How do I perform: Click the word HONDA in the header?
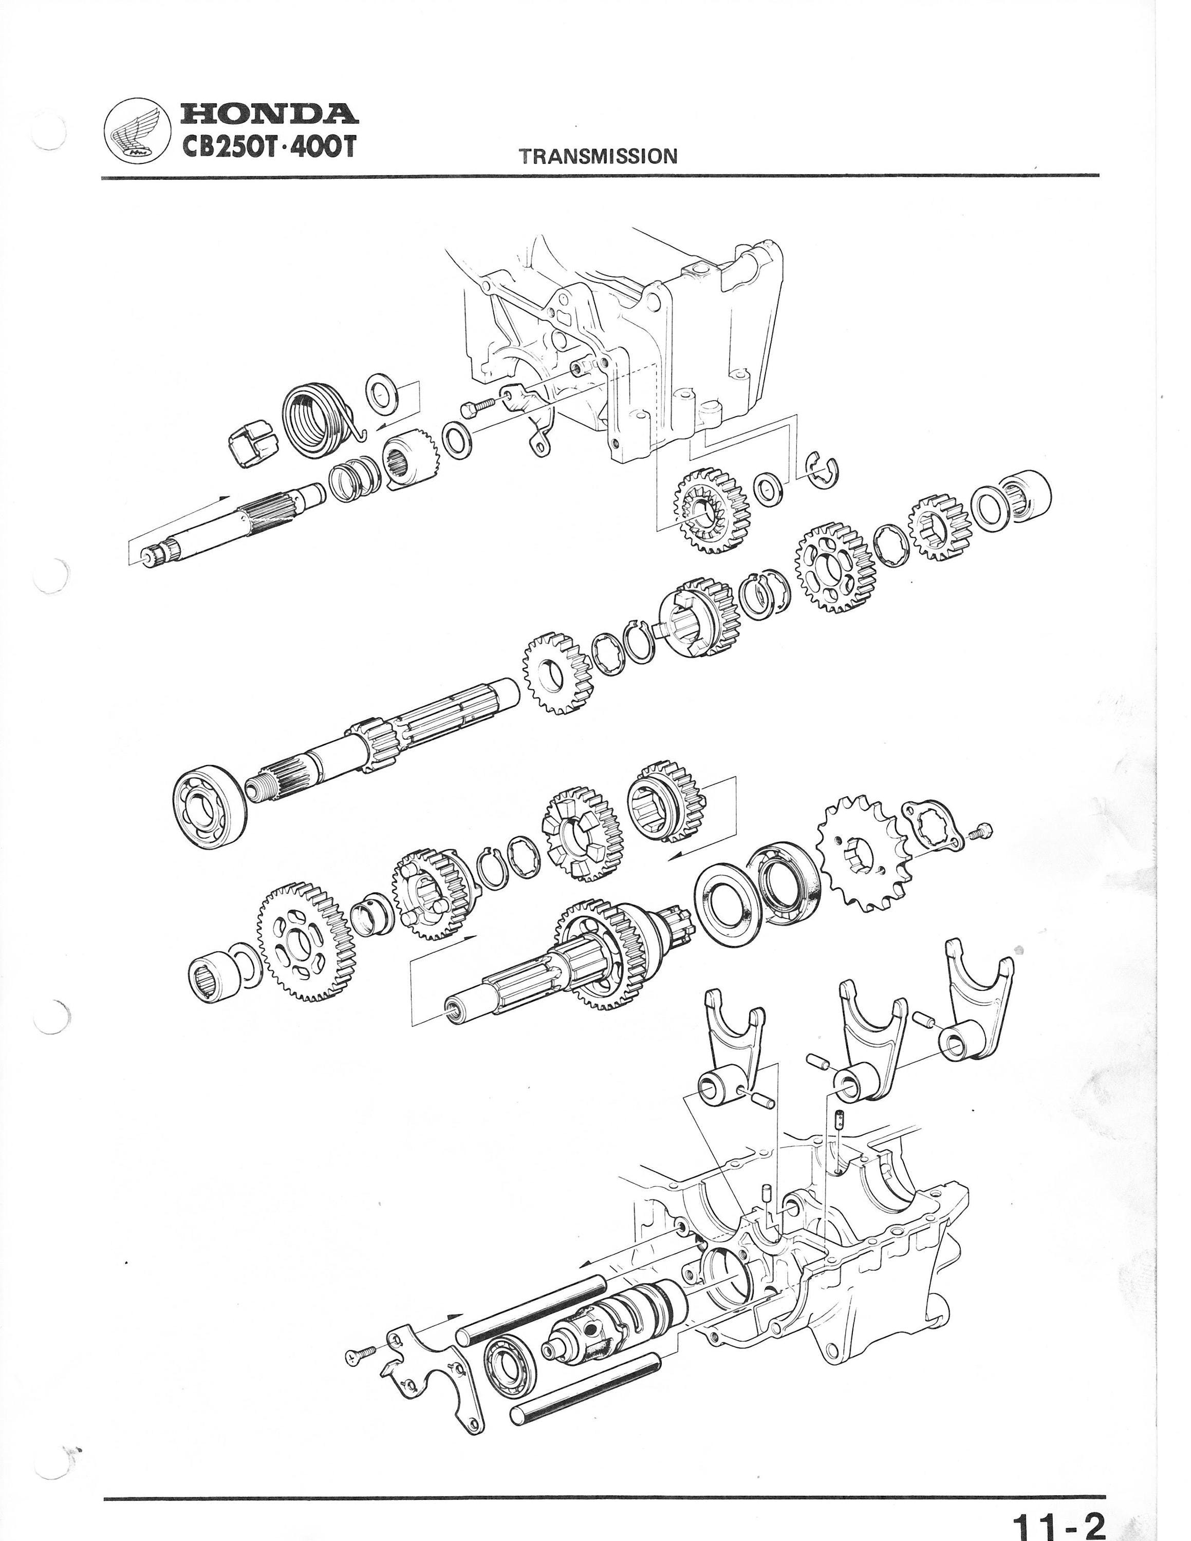click(x=269, y=114)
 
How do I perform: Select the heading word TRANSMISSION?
click(x=598, y=156)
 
